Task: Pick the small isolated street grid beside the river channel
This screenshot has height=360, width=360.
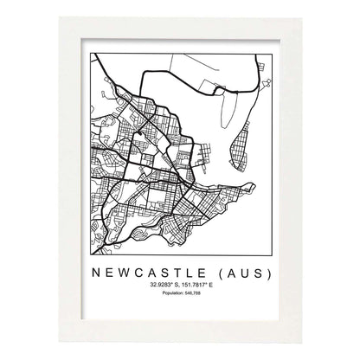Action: pos(203,157)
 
